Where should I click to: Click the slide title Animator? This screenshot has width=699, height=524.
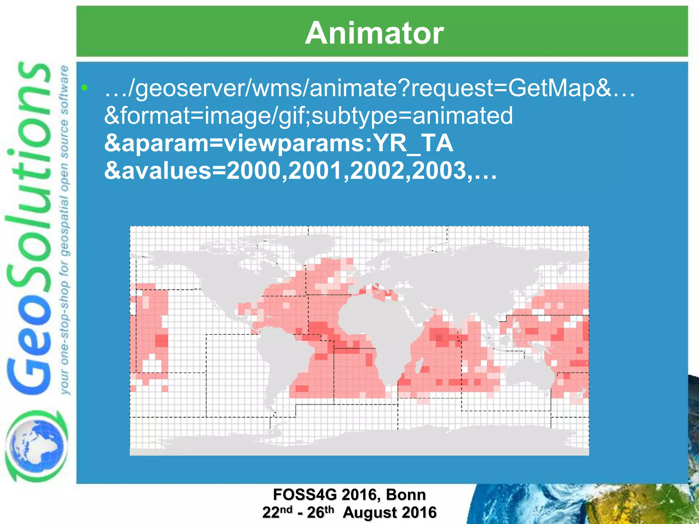click(374, 33)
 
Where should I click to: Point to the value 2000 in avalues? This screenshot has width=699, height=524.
click(257, 171)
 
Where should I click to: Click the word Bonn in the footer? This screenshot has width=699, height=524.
click(406, 495)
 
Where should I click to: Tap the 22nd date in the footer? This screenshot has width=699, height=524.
click(277, 512)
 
